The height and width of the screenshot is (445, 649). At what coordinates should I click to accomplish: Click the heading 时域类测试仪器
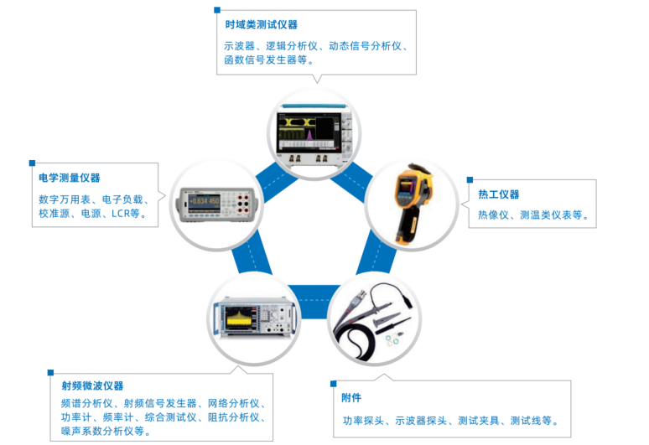(261, 25)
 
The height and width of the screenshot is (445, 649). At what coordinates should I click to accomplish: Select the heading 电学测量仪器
(69, 178)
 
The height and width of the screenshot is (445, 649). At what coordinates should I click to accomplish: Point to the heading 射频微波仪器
(92, 385)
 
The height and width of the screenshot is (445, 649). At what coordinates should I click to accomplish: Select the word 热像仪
(494, 215)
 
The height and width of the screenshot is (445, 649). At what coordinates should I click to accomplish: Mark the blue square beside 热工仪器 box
(470, 179)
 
